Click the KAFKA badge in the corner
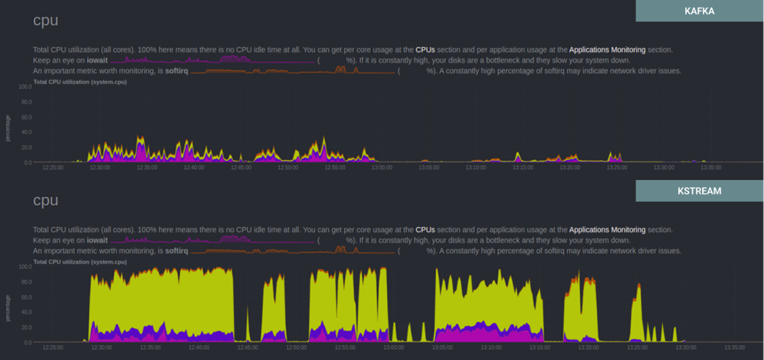point(699,11)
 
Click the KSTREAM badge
point(699,191)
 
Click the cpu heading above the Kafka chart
point(46,21)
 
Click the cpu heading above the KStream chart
point(46,201)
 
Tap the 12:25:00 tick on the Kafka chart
point(53,168)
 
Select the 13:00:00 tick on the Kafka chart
point(381,168)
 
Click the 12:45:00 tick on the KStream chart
point(247,348)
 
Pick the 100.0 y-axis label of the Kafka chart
point(25,87)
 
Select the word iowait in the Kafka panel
point(96,60)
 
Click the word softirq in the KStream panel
point(176,251)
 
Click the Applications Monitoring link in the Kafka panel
point(607,50)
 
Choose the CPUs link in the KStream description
point(425,230)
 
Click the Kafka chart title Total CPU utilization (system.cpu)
point(80,82)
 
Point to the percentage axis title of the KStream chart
point(9,307)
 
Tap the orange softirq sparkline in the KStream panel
point(292,250)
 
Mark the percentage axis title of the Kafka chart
point(9,127)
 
